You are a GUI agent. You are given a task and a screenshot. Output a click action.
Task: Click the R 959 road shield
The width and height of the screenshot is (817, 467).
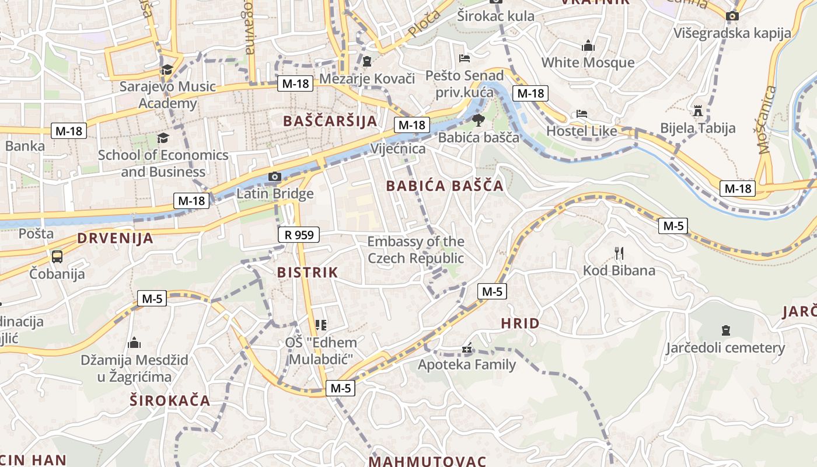click(x=299, y=235)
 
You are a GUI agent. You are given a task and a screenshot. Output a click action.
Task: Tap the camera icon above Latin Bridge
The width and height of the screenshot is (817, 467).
click(x=274, y=176)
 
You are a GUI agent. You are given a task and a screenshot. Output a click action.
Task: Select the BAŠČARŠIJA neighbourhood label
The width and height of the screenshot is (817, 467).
click(x=330, y=121)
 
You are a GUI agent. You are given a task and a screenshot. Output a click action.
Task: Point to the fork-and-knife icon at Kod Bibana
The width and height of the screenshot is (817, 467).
click(x=619, y=253)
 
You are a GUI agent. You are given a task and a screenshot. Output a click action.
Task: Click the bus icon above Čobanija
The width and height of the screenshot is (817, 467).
click(x=57, y=256)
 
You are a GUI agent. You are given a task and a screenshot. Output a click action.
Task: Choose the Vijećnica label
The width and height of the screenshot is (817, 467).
click(x=398, y=149)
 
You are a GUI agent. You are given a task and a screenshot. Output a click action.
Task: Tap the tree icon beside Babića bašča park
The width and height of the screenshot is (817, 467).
click(x=478, y=121)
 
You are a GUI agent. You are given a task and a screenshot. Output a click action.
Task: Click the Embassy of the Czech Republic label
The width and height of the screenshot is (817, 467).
click(x=416, y=250)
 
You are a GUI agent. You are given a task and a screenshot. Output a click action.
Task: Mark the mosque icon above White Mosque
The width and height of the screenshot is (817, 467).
click(x=588, y=46)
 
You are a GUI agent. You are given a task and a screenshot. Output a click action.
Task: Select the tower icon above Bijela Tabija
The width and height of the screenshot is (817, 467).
click(x=697, y=110)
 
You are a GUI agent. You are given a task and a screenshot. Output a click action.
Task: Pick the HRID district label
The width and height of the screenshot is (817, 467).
click(x=520, y=323)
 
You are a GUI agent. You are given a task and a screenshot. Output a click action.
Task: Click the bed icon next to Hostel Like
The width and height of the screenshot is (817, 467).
click(x=581, y=114)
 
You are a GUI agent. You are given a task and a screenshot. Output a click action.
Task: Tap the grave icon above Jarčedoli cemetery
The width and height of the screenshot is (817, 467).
click(x=725, y=330)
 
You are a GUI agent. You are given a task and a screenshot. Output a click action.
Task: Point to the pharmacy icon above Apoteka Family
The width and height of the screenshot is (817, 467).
click(x=466, y=348)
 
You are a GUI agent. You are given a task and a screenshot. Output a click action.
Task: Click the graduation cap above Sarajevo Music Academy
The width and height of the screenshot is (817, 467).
click(x=167, y=69)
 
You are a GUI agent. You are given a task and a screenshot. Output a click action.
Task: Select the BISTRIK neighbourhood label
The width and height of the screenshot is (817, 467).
click(x=308, y=272)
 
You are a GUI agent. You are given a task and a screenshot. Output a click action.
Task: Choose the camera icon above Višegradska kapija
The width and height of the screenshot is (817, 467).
click(x=732, y=16)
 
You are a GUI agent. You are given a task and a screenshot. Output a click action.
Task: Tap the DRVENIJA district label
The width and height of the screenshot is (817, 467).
click(x=116, y=238)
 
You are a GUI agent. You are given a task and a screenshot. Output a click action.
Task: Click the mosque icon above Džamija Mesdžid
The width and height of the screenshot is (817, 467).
click(x=134, y=342)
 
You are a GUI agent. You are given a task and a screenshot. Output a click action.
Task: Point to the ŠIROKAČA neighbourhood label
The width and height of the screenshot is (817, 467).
click(x=170, y=400)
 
